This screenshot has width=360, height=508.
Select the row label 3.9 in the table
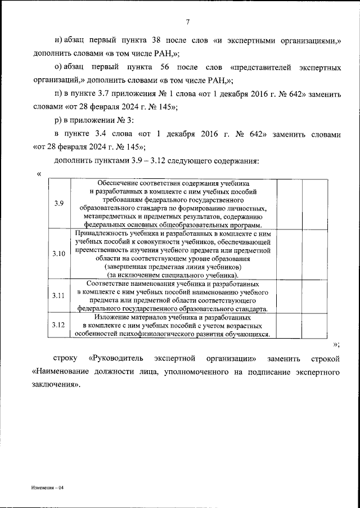tap(59, 203)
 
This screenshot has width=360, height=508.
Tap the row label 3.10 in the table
tap(59, 254)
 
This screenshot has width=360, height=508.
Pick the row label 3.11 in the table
tap(59, 295)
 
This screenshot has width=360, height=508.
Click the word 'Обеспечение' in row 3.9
tap(119, 183)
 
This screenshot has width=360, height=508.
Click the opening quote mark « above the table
tap(38, 173)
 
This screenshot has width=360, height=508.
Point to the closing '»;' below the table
tap(337, 343)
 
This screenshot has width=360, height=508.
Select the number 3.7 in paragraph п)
tap(105, 92)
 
